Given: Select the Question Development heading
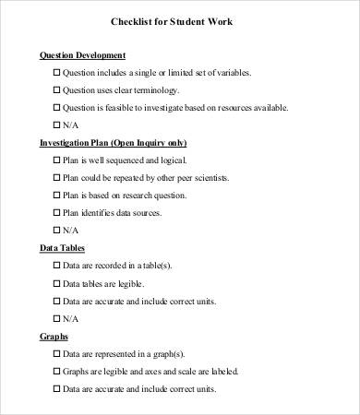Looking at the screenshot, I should click(x=83, y=54).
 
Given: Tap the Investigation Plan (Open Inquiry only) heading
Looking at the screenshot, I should click(x=113, y=143).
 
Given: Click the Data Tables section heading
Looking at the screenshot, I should click(x=62, y=248).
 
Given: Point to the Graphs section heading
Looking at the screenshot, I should click(x=54, y=336).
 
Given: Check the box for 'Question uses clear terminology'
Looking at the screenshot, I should click(x=56, y=90).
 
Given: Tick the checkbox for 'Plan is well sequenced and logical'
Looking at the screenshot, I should click(x=56, y=160).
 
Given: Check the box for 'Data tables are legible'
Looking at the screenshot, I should click(x=56, y=283).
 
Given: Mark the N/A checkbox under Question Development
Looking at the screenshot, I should click(x=56, y=125).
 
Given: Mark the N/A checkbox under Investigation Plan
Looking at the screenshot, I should click(x=56, y=231).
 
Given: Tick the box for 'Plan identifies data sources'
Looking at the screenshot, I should click(x=56, y=213).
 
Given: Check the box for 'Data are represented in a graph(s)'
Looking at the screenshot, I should click(x=56, y=353).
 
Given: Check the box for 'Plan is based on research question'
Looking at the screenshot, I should click(x=56, y=196).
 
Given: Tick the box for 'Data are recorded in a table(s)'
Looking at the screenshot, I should click(x=56, y=266).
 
